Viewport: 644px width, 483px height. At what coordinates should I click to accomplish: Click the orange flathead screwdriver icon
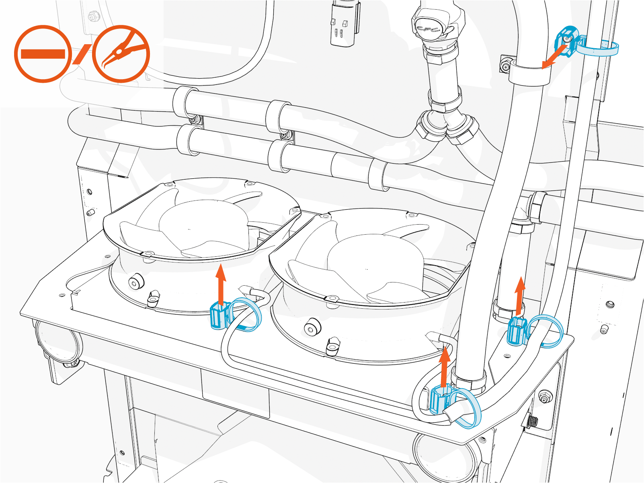tap(43, 54)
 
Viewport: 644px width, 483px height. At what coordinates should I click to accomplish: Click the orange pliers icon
tap(121, 54)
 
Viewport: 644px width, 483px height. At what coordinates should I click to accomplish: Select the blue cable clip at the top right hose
tap(567, 40)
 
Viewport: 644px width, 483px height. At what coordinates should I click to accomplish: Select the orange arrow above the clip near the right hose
tap(520, 295)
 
